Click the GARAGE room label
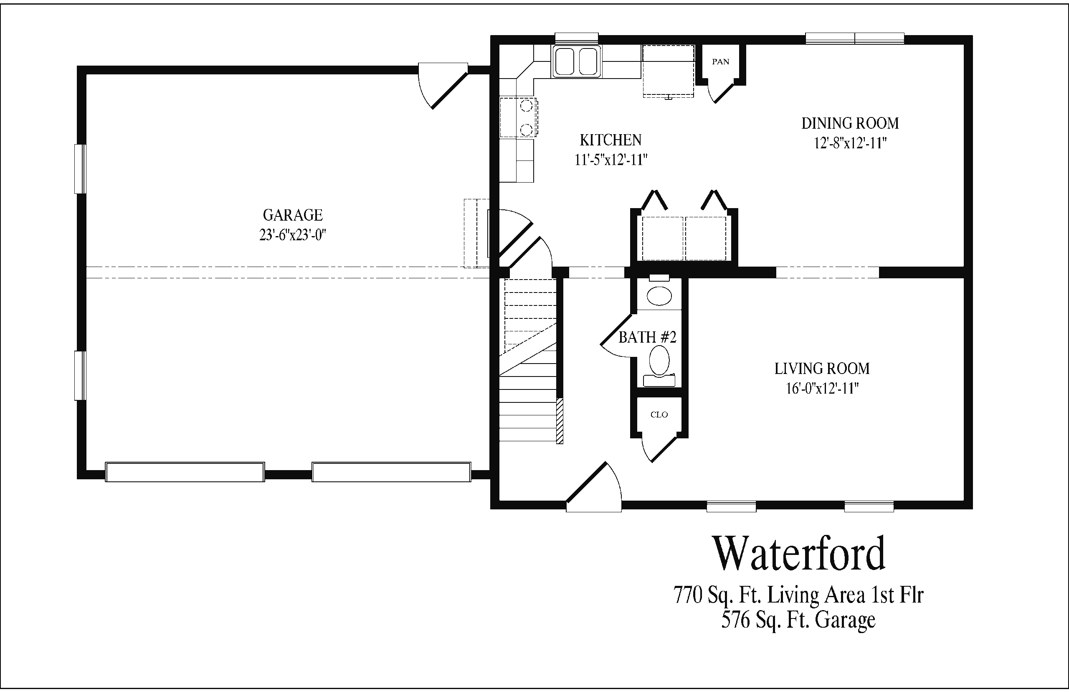[x=293, y=215]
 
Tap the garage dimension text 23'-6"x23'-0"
[x=293, y=235]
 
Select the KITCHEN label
[x=610, y=140]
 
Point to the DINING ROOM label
[x=850, y=123]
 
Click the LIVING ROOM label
[x=822, y=369]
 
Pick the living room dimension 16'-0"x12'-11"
[x=822, y=388]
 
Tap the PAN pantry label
[x=721, y=61]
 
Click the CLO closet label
[x=659, y=415]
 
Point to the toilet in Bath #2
[x=659, y=366]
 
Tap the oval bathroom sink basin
[x=659, y=296]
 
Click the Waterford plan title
[x=799, y=553]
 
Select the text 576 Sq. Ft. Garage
[x=798, y=620]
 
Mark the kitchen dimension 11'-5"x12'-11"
[x=610, y=160]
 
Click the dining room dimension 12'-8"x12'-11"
[x=850, y=143]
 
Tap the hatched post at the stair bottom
[x=560, y=421]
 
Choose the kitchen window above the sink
[x=577, y=38]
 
